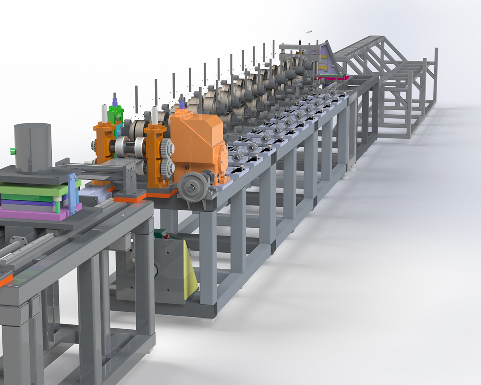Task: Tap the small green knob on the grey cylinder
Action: pos(12,151)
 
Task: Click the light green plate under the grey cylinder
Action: pos(32,188)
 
